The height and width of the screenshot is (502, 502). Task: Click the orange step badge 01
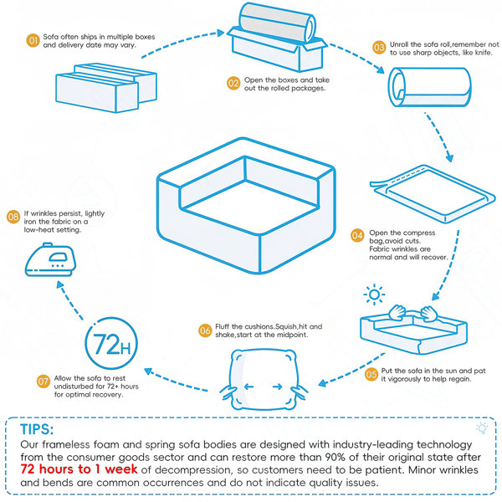(33, 41)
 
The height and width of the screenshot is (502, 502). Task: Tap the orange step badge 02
(233, 84)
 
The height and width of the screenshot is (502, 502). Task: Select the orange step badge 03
(379, 48)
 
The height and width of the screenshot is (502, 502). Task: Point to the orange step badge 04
(357, 236)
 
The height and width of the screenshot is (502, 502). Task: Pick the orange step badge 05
(371, 374)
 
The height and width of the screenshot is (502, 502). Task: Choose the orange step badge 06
(205, 330)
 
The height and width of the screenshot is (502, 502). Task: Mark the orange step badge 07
(44, 382)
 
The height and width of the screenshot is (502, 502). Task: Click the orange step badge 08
(13, 217)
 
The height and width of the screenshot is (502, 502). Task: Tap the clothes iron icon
(50, 259)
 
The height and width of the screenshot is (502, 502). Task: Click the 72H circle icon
(111, 343)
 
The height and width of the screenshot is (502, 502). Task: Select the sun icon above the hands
(374, 295)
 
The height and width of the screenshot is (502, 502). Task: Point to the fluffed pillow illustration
(264, 380)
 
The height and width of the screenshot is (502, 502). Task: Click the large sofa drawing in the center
(246, 205)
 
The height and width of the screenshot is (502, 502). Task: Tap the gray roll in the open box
(278, 23)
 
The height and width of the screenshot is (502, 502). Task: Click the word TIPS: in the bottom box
(37, 429)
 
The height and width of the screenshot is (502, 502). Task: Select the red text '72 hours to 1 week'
(79, 469)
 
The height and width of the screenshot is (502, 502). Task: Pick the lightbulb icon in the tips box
(482, 428)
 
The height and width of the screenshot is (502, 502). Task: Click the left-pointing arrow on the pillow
(248, 387)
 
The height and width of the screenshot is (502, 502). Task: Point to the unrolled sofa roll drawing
(430, 87)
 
